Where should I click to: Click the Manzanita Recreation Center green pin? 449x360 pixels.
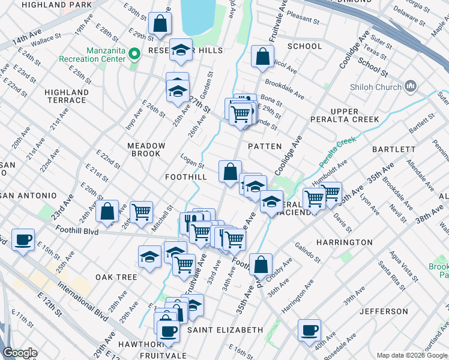click(x=134, y=55)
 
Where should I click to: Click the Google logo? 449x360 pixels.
click(x=20, y=353)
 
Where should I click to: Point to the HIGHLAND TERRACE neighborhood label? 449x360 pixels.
click(x=67, y=96)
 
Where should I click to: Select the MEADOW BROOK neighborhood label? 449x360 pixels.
click(x=146, y=149)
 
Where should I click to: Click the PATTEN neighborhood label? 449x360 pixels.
click(x=264, y=146)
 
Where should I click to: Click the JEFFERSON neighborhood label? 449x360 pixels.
click(x=384, y=311)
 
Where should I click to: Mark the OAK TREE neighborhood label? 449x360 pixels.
click(x=116, y=277)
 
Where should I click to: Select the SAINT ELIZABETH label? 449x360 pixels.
click(x=225, y=330)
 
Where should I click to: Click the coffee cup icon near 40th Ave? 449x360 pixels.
click(x=310, y=329)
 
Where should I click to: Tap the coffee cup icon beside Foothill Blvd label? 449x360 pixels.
click(x=23, y=239)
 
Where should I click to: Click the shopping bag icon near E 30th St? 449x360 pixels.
click(x=160, y=24)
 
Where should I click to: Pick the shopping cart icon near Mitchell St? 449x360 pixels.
click(x=141, y=211)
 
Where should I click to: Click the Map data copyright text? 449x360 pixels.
click(x=411, y=355)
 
